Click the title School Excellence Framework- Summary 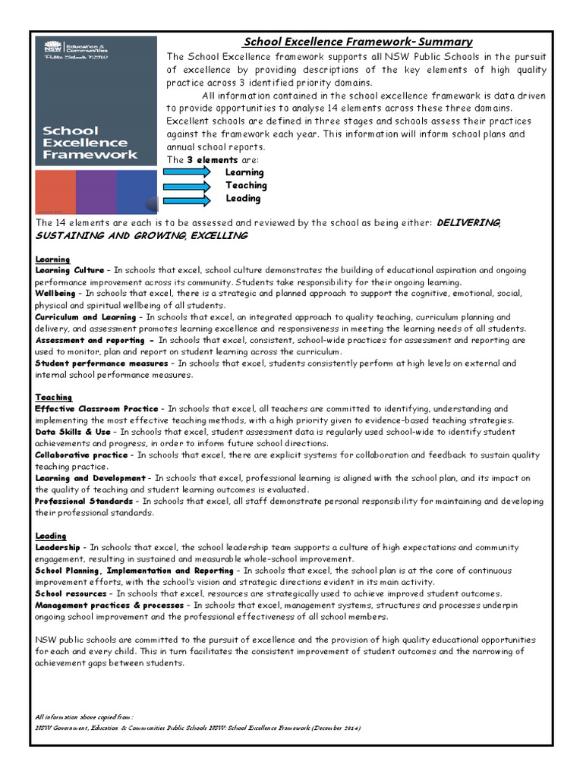pos(358,42)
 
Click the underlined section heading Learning pos(52,259)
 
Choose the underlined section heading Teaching pos(53,397)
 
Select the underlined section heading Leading pos(51,536)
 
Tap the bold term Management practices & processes pos(109,606)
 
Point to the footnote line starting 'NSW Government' pos(198,728)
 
